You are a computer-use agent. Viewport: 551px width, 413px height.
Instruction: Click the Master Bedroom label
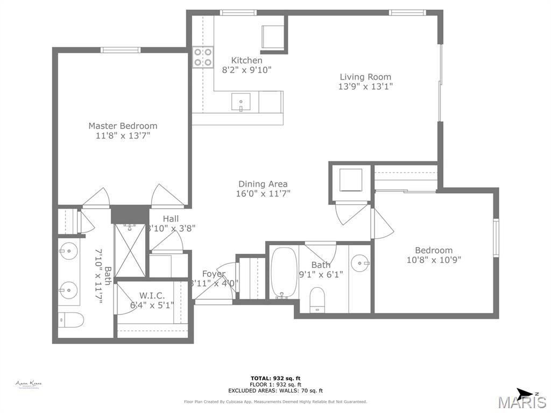123,126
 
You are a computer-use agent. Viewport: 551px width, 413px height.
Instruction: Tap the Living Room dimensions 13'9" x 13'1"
365,87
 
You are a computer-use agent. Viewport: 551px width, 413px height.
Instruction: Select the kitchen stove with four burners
203,58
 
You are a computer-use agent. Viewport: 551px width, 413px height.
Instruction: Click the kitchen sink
241,102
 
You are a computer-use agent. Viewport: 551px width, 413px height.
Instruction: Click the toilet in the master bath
70,319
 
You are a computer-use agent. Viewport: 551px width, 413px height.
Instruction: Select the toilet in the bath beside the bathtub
317,299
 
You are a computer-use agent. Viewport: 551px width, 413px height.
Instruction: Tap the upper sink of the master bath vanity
69,251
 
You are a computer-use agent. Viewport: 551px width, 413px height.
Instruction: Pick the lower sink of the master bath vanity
69,290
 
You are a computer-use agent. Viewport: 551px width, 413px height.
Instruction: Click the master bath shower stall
130,250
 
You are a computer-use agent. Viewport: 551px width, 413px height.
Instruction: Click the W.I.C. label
152,296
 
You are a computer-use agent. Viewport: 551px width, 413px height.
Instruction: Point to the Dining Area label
263,184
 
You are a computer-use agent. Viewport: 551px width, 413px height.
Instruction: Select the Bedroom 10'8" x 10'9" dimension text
434,260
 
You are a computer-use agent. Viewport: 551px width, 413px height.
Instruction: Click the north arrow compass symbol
525,394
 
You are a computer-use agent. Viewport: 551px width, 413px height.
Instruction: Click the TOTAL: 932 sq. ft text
275,378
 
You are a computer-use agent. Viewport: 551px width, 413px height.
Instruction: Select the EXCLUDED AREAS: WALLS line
275,391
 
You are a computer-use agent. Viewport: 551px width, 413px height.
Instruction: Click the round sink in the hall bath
360,264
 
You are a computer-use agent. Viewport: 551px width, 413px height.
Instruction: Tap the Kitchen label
246,60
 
